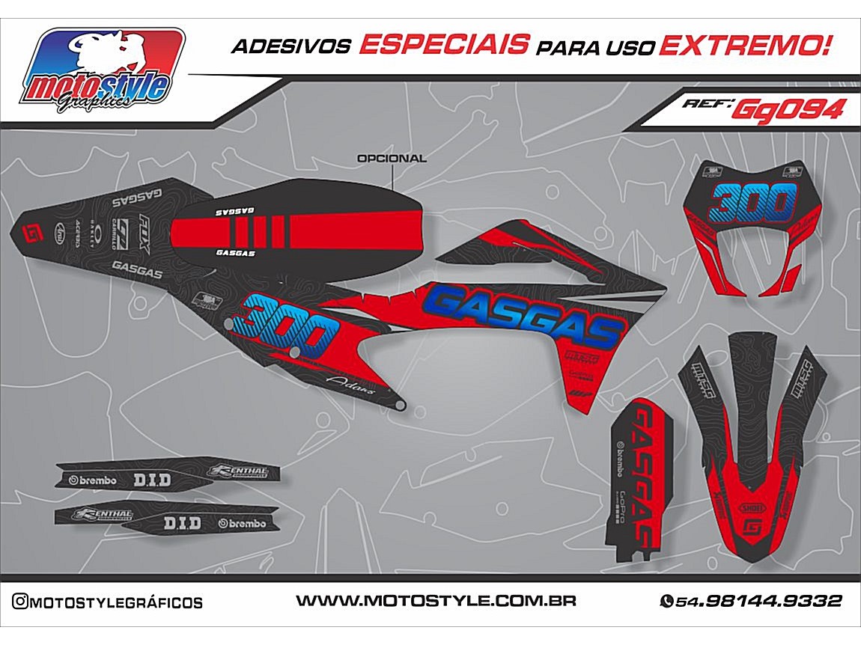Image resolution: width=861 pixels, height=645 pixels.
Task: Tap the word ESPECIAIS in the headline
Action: point(442,46)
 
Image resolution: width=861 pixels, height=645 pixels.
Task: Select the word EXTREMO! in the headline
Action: point(745,46)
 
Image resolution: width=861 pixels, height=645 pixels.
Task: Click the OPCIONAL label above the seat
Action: point(392,159)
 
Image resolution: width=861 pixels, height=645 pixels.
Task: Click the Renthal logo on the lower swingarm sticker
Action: point(102,515)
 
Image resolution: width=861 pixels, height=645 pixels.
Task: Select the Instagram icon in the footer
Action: point(22,602)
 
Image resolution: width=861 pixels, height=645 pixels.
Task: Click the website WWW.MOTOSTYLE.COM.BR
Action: point(435,601)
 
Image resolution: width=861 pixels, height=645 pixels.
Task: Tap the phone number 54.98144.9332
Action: point(758,602)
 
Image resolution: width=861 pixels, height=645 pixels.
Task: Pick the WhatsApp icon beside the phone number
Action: point(666,602)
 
